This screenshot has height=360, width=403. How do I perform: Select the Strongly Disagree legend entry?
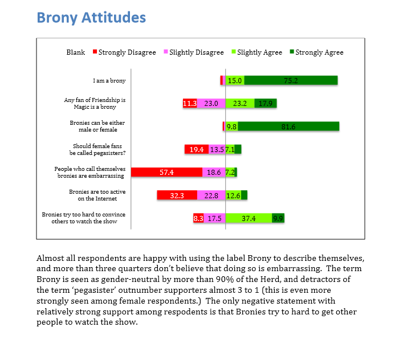[124, 52]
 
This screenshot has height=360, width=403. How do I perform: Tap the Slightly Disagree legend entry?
[194, 52]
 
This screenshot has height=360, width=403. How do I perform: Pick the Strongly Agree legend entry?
[316, 52]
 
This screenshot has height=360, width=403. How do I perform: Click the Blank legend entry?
[75, 52]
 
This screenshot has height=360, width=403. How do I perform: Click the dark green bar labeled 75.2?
[292, 81]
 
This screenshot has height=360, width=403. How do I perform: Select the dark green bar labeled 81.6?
[288, 126]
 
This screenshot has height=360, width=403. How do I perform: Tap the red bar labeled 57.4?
[166, 172]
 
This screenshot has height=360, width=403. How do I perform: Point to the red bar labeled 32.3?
[177, 195]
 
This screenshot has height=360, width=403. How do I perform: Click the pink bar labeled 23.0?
[211, 104]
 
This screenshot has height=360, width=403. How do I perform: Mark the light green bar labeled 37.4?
[249, 218]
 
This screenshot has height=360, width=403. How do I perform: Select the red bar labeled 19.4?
[197, 149]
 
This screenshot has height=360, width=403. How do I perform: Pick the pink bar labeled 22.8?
[211, 195]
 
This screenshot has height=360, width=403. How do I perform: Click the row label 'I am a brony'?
[109, 81]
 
